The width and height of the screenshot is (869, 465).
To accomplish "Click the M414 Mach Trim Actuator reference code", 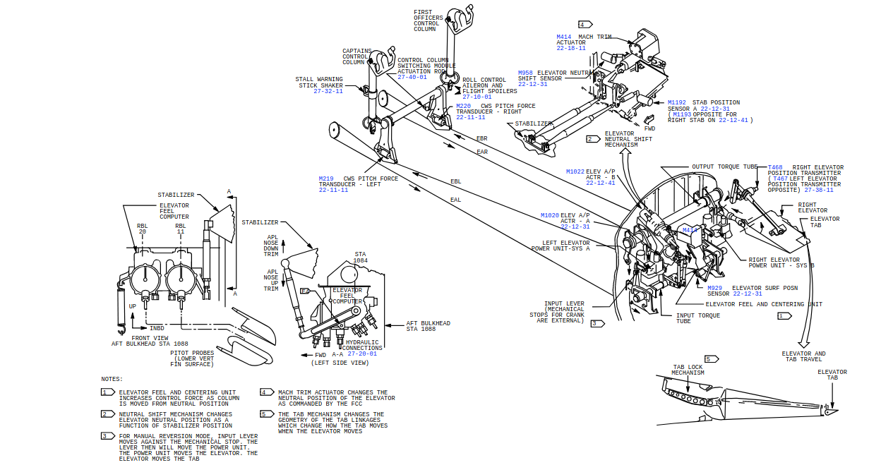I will pyautogui.click(x=563, y=37).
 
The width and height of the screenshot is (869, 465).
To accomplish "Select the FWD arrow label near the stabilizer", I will pyautogui.click(x=649, y=129).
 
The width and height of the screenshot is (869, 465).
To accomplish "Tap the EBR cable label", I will pyautogui.click(x=481, y=138).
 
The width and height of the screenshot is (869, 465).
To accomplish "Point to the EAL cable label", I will pyautogui.click(x=456, y=199).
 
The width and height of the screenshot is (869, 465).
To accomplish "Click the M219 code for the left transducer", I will pyautogui.click(x=325, y=179).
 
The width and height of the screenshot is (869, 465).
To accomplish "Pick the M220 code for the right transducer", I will pyautogui.click(x=463, y=106).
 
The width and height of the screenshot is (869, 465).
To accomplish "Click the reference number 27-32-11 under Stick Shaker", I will pyautogui.click(x=328, y=91).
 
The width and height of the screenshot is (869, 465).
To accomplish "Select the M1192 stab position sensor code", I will pyautogui.click(x=676, y=102).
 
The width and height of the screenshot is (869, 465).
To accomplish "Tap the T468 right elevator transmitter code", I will pyautogui.click(x=774, y=167).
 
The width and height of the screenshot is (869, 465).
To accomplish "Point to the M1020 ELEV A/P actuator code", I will pyautogui.click(x=550, y=215).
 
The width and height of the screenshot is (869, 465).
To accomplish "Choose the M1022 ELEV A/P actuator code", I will pyautogui.click(x=575, y=171).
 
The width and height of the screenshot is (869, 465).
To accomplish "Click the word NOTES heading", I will pyautogui.click(x=112, y=379).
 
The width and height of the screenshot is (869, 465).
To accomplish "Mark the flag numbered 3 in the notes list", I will pyautogui.click(x=107, y=436).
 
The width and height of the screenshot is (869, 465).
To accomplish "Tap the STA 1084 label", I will pyautogui.click(x=360, y=257).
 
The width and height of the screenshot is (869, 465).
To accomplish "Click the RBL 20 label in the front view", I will pyautogui.click(x=142, y=229).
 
